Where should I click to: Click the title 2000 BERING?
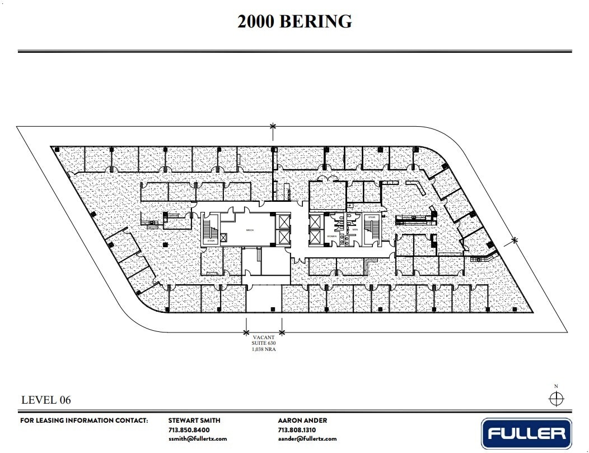(x=294, y=21)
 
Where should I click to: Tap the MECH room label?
(x=250, y=230)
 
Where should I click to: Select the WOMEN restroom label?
(x=333, y=237)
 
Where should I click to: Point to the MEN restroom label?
(x=354, y=229)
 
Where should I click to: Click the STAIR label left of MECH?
(x=211, y=241)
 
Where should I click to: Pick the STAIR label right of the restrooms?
(x=371, y=217)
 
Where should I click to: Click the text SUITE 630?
(x=264, y=343)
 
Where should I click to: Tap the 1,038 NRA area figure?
(x=264, y=349)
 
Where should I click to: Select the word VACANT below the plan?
(x=264, y=338)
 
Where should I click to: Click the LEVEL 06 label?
(x=46, y=400)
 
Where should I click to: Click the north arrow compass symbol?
(x=555, y=399)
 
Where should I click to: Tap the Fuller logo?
(x=526, y=433)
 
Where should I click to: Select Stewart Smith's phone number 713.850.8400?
(x=189, y=429)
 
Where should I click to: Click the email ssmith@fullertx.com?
(x=198, y=438)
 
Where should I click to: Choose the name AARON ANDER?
(x=302, y=420)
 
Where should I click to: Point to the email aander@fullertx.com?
(x=307, y=438)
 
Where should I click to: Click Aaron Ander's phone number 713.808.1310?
(x=297, y=429)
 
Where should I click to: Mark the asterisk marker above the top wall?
(x=273, y=127)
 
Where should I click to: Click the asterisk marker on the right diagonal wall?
(x=515, y=241)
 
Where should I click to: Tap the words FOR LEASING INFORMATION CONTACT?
(x=84, y=420)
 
